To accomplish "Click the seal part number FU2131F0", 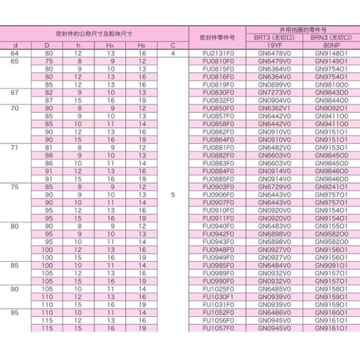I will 217,54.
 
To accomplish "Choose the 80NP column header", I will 331,46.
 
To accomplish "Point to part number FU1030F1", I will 217,296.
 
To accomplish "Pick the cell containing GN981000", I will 331,85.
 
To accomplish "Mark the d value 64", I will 15,54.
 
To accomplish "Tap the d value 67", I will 15,93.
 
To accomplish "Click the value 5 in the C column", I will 173,194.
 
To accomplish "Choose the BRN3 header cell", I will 331,37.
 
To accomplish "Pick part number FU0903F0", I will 217,187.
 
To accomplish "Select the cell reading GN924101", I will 331,187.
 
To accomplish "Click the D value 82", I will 49,93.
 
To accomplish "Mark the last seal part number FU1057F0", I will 217,328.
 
